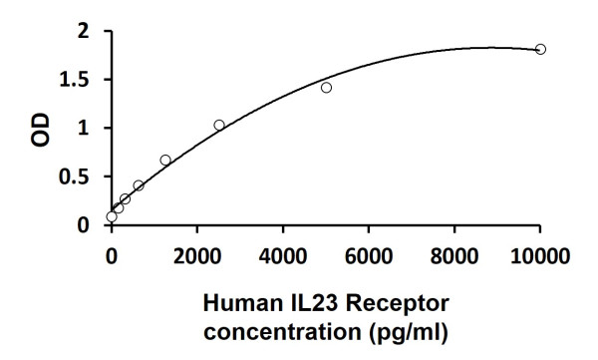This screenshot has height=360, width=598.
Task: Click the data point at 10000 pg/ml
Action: point(540,49)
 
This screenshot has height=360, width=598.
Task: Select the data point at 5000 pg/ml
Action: point(326,88)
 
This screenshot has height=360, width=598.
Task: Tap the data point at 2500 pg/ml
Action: point(219,125)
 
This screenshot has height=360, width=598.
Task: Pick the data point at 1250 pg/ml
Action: point(165,160)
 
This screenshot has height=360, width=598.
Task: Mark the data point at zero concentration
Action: point(112,216)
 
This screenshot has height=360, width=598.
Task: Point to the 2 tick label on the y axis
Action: point(84,32)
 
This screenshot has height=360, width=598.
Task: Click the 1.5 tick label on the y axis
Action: point(77,81)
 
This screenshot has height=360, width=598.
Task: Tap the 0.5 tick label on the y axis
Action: point(77,178)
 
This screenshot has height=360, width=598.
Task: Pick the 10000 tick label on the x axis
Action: point(540,255)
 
